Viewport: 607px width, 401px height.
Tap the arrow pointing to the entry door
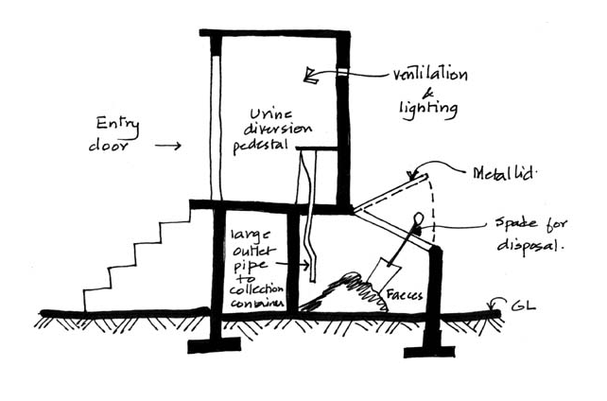pyautogui.click(x=167, y=147)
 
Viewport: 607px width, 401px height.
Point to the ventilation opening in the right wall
pyautogui.click(x=341, y=73)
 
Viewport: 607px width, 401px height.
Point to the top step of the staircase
pyautogui.click(x=179, y=211)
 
